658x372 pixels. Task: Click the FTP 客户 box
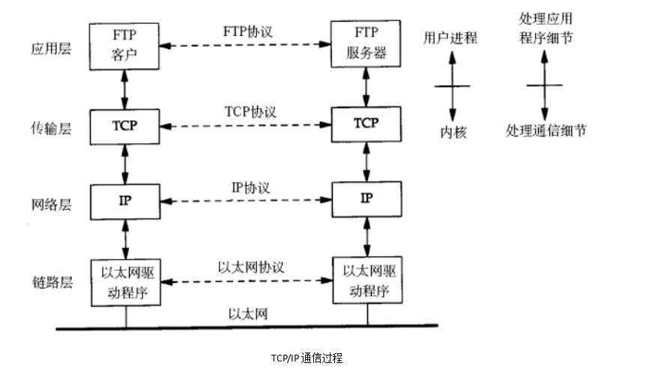click(x=125, y=45)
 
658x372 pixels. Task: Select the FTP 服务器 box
click(x=366, y=45)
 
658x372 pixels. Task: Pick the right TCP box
click(x=366, y=124)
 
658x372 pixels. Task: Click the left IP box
click(x=125, y=199)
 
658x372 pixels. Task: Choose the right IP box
click(x=366, y=199)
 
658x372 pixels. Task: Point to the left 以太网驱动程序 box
click(x=125, y=280)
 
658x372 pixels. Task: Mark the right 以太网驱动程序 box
click(x=366, y=280)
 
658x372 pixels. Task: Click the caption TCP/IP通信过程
click(x=307, y=358)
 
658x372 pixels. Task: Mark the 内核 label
click(x=453, y=132)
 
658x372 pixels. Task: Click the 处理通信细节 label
click(x=546, y=131)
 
